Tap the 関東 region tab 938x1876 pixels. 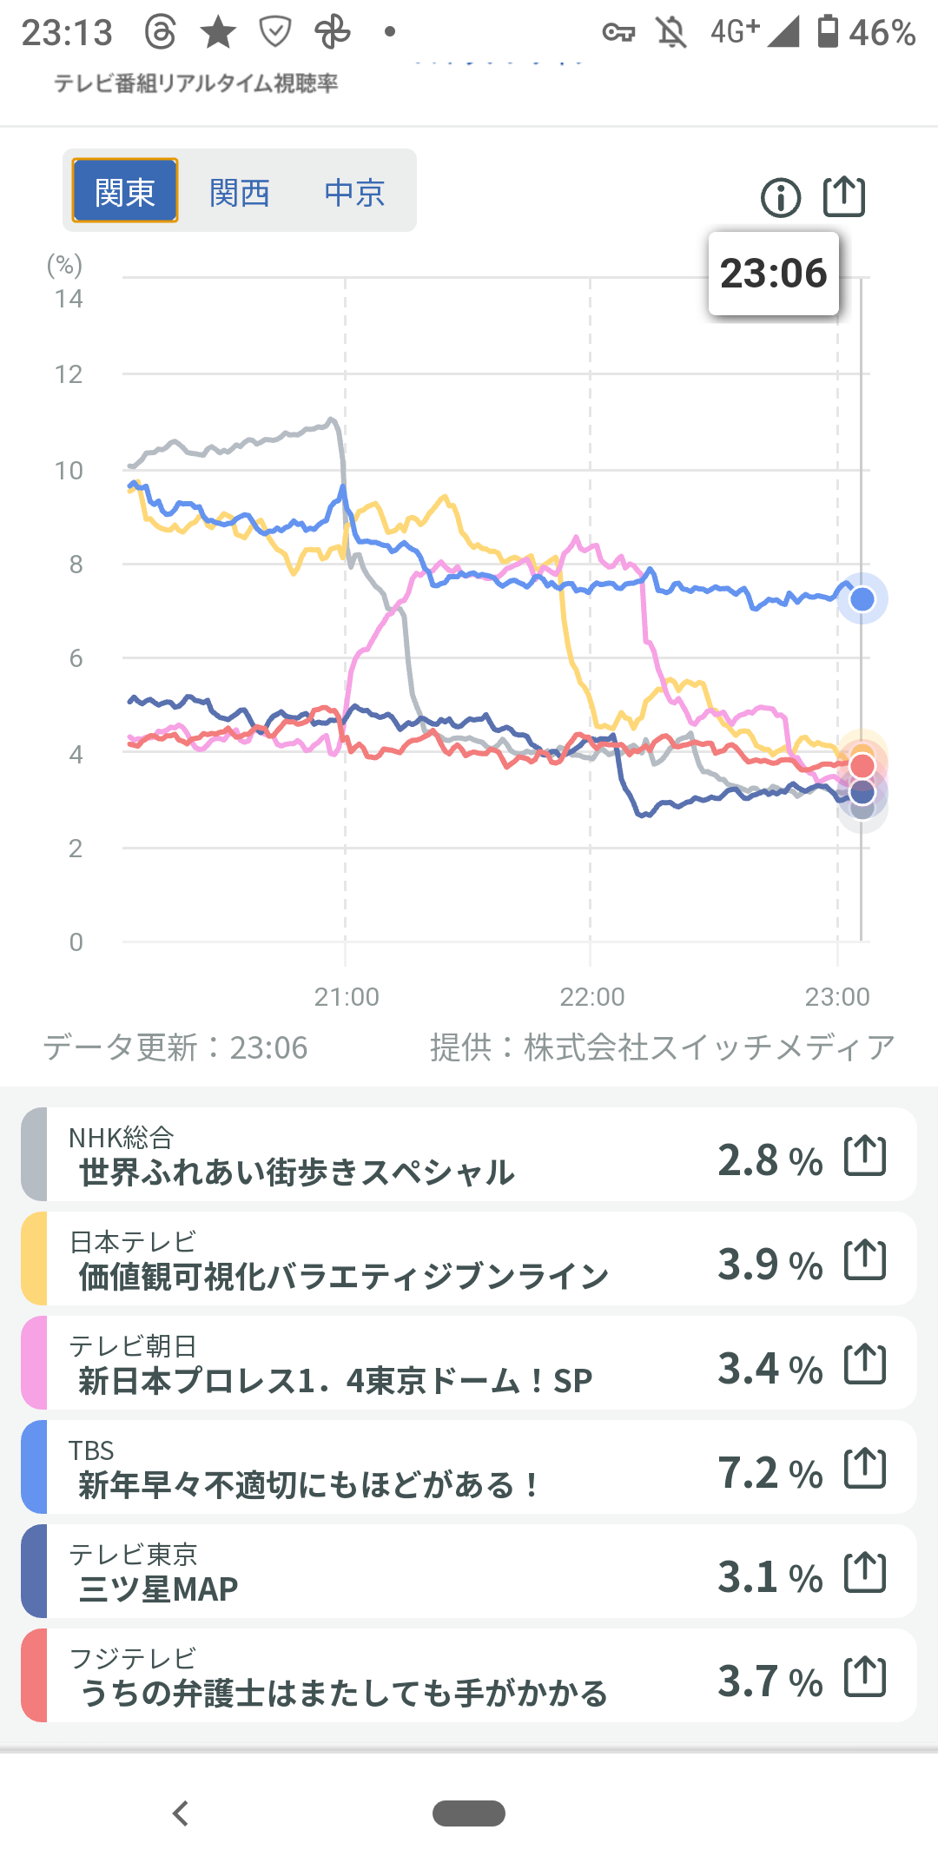pyautogui.click(x=125, y=191)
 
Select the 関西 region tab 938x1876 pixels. pyautogui.click(x=240, y=192)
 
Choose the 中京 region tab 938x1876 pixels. pyautogui.click(x=354, y=192)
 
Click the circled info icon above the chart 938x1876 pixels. pyautogui.click(x=780, y=198)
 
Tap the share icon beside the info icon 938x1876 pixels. pyautogui.click(x=844, y=196)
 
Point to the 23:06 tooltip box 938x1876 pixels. pyautogui.click(x=773, y=274)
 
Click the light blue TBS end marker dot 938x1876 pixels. pyautogui.click(x=862, y=598)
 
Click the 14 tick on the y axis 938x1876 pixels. pyautogui.click(x=69, y=300)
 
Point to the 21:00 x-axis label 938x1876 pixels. pyautogui.click(x=347, y=996)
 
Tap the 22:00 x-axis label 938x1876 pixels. pyautogui.click(x=592, y=996)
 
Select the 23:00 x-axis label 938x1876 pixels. pyautogui.click(x=837, y=996)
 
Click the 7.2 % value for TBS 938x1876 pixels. pyautogui.click(x=770, y=1473)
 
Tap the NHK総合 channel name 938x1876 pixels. pyautogui.click(x=122, y=1137)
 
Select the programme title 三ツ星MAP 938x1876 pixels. pyautogui.click(x=159, y=1589)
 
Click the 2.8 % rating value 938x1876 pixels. pyautogui.click(x=770, y=1160)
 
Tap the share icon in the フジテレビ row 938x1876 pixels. pyautogui.click(x=865, y=1676)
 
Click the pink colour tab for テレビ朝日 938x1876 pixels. pyautogui.click(x=34, y=1363)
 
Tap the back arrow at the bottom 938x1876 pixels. pyautogui.click(x=181, y=1813)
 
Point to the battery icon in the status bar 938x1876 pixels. pyautogui.click(x=829, y=31)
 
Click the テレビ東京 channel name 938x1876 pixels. pyautogui.click(x=133, y=1554)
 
